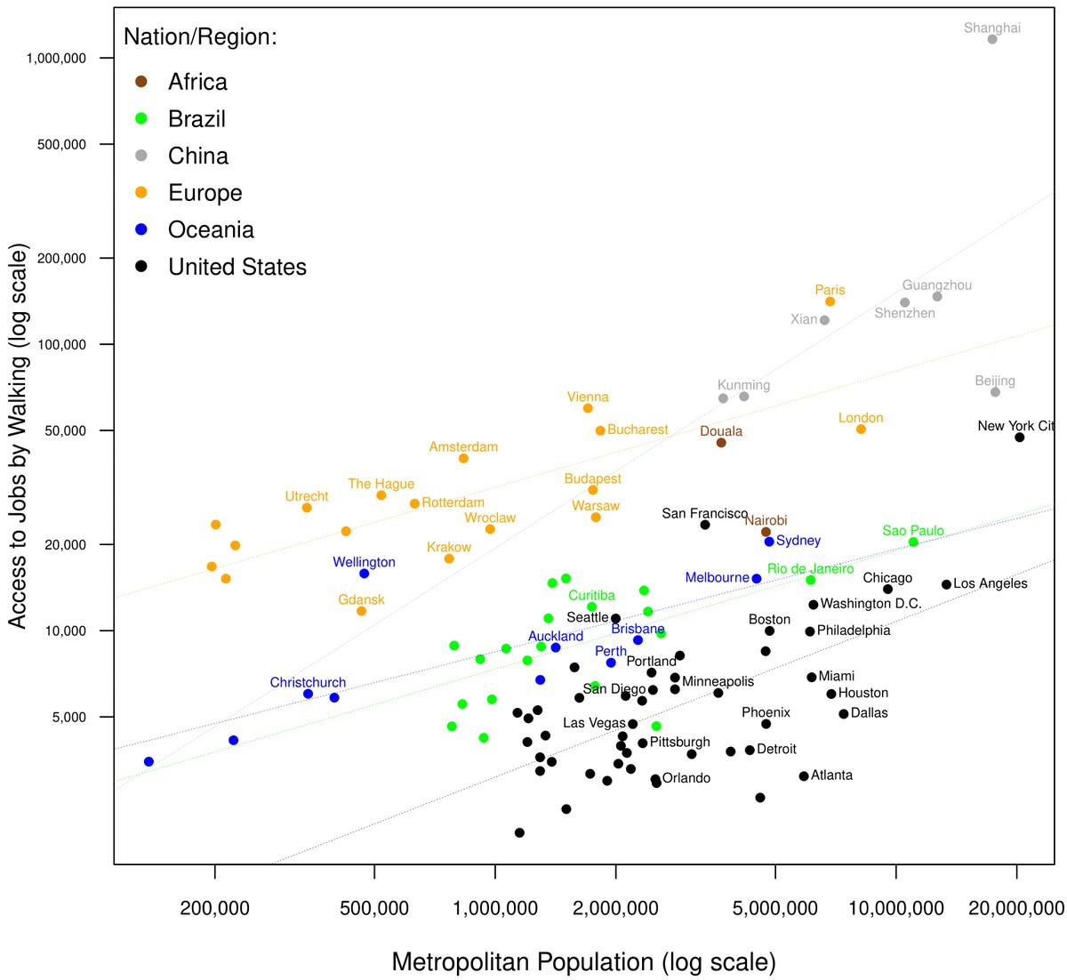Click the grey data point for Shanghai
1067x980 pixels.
click(x=992, y=39)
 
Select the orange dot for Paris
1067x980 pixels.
click(x=830, y=301)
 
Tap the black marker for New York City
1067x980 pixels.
click(x=1019, y=438)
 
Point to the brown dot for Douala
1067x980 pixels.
click(x=721, y=443)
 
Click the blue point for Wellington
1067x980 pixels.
click(x=364, y=574)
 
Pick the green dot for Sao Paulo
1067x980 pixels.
click(x=913, y=542)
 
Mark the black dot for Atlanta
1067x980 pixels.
click(x=804, y=776)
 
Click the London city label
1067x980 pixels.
click(x=860, y=418)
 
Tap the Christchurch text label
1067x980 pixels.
click(x=308, y=683)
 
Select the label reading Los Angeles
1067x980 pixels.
click(x=990, y=584)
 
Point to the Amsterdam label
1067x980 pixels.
click(x=463, y=447)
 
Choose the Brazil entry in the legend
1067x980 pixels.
click(x=197, y=119)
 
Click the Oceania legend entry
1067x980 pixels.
click(x=211, y=229)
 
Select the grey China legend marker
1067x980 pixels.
click(x=141, y=157)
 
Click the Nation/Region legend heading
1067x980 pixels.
click(x=200, y=37)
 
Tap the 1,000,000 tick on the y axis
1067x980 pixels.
click(x=56, y=59)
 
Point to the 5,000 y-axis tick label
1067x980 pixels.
click(x=68, y=717)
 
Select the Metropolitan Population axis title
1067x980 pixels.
click(x=583, y=962)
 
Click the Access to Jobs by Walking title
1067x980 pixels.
click(x=18, y=436)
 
